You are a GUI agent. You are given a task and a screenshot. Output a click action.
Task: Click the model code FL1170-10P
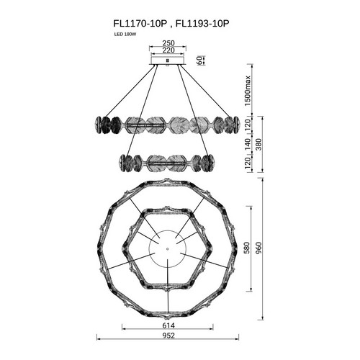pos(140,24)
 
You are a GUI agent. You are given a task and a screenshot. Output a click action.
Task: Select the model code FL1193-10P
pos(202,24)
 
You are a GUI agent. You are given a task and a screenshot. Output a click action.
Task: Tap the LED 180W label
pos(125,35)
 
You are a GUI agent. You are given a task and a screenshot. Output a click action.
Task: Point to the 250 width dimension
pos(168,43)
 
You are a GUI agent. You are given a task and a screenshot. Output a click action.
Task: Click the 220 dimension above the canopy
pos(168,50)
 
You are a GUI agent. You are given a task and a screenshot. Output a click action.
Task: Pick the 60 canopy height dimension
pos(199,60)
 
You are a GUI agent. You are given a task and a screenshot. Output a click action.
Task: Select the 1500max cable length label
pos(247,91)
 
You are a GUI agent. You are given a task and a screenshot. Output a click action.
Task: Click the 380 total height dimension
pos(259,145)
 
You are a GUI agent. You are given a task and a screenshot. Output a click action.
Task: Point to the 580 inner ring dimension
pos(247,248)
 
